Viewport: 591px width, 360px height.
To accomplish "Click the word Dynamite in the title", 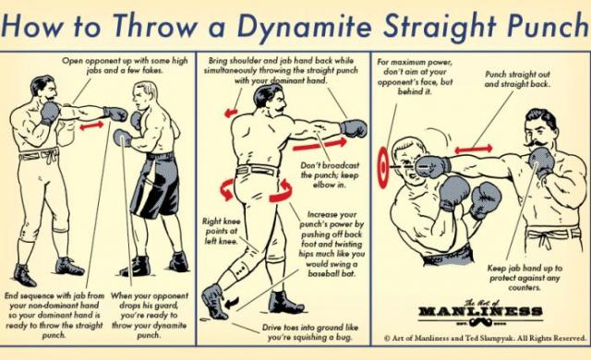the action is pyautogui.click(x=304, y=25).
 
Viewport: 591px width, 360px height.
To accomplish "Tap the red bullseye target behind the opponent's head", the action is pyautogui.click(x=383, y=167).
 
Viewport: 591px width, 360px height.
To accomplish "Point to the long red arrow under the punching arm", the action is pyautogui.click(x=320, y=145).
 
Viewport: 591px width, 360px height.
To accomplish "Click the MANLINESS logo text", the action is pyautogui.click(x=480, y=311).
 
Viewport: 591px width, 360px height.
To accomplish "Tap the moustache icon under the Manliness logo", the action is pyautogui.click(x=480, y=322).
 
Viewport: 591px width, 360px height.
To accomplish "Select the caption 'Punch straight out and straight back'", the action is pyautogui.click(x=517, y=79).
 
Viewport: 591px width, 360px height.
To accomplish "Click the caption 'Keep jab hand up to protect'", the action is pyautogui.click(x=525, y=278).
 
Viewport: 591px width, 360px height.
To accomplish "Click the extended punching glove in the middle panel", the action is pyautogui.click(x=354, y=128).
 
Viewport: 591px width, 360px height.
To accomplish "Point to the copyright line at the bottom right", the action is pyautogui.click(x=485, y=338).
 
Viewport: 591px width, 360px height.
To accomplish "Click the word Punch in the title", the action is pyautogui.click(x=549, y=26).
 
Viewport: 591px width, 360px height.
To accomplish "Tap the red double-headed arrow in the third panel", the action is pyautogui.click(x=474, y=150).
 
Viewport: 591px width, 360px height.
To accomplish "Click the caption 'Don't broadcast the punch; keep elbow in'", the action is pyautogui.click(x=330, y=175).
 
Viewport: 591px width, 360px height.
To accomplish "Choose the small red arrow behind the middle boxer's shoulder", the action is pyautogui.click(x=231, y=113).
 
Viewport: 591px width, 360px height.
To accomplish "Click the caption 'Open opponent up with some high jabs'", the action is pyautogui.click(x=125, y=66).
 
